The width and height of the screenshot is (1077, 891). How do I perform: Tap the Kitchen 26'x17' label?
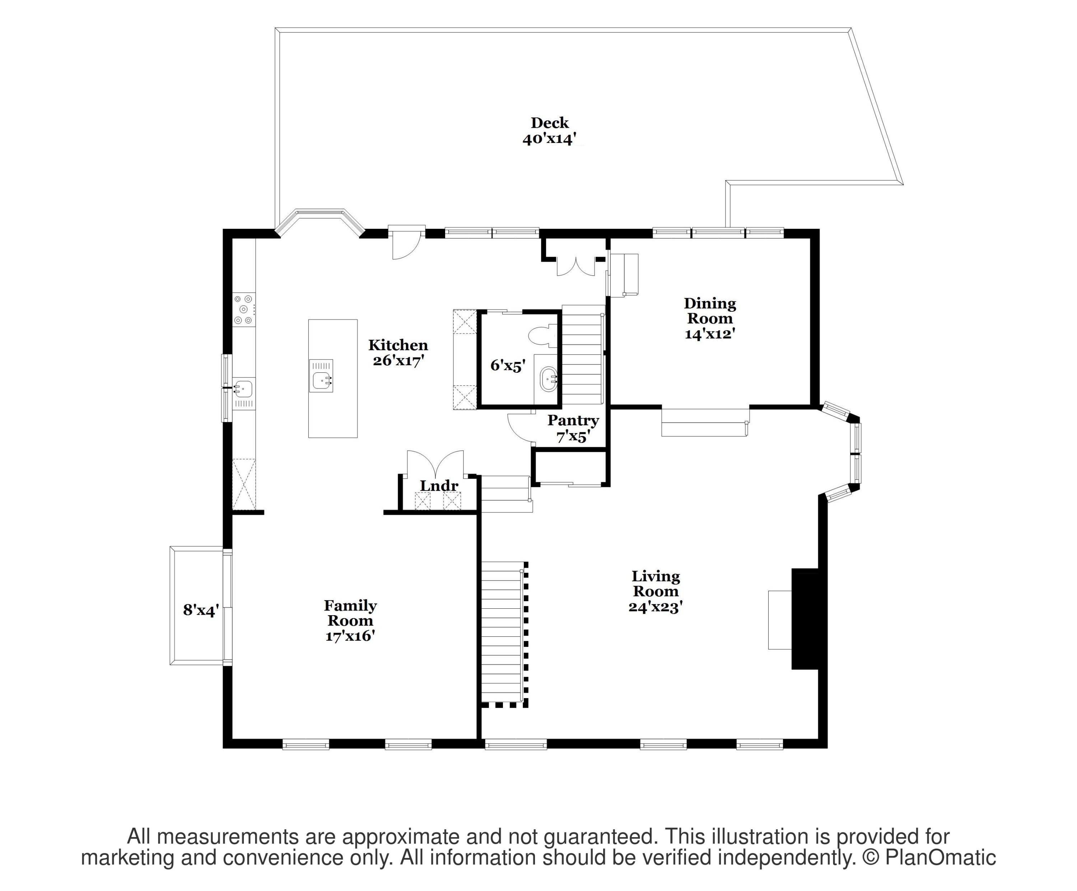(398, 352)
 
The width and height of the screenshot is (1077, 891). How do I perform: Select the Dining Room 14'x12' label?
(710, 318)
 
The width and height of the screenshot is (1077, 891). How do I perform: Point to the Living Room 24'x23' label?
(656, 591)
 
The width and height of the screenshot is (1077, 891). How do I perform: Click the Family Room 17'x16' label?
(350, 621)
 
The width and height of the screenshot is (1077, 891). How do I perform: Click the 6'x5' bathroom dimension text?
(508, 366)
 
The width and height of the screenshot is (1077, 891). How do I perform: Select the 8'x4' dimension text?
(201, 610)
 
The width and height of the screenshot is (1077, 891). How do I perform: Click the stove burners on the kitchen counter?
(244, 309)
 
